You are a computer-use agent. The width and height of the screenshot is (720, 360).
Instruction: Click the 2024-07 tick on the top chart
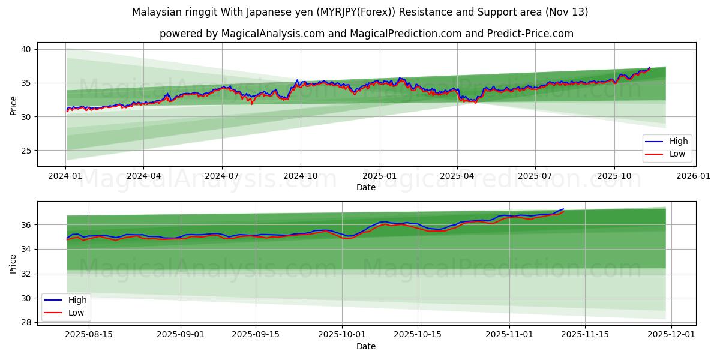pyautogui.click(x=222, y=176)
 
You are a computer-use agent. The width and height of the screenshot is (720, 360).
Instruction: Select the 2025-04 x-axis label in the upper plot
pyautogui.click(x=457, y=176)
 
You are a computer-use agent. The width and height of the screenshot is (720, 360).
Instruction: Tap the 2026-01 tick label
pyautogui.click(x=693, y=176)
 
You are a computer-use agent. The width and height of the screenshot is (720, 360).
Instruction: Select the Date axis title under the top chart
pyautogui.click(x=365, y=187)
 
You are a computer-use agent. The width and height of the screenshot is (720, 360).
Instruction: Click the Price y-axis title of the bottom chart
pyautogui.click(x=13, y=263)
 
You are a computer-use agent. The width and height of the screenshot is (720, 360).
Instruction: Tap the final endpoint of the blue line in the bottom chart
pyautogui.click(x=563, y=209)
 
